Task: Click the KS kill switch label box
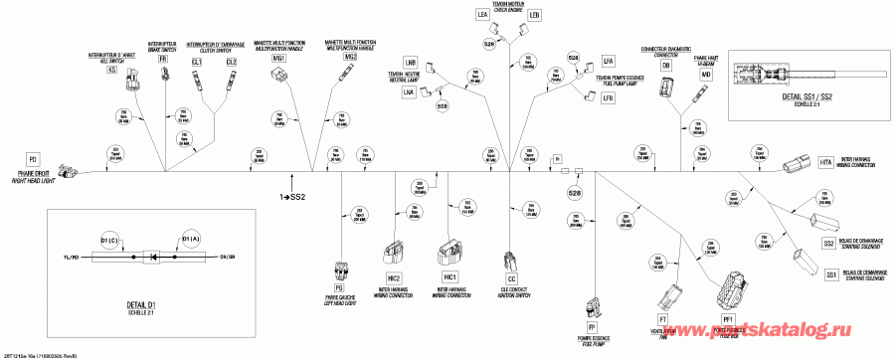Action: point(111,71)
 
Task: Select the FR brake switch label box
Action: point(163,61)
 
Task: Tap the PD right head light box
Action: point(33,158)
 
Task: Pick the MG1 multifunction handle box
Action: point(279,60)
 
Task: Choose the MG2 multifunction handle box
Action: point(350,58)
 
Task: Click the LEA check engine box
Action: point(483,15)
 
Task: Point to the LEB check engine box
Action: point(534,15)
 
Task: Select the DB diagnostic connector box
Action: point(666,65)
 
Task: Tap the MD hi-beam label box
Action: point(706,76)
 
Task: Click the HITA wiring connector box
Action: point(826,162)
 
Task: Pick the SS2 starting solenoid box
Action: point(828,243)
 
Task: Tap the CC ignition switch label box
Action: point(511,280)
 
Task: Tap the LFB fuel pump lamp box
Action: point(608,97)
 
